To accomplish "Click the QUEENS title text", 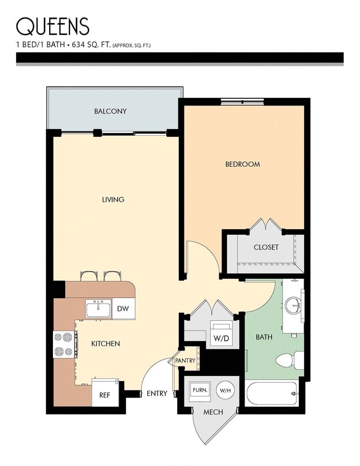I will click(x=52, y=26).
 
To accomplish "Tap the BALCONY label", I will click(x=110, y=111).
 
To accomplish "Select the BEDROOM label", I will click(x=242, y=164).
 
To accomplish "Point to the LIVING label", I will click(x=113, y=199).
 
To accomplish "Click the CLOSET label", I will click(x=266, y=247).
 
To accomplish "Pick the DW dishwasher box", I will click(x=123, y=309).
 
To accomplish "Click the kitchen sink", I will click(x=98, y=309).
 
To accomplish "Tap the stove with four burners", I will click(x=63, y=344).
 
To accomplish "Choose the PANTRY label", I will click(x=185, y=361).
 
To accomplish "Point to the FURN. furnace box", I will click(x=199, y=390).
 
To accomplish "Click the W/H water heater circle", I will click(x=225, y=390).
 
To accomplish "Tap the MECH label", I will click(x=213, y=412).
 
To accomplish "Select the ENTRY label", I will click(x=157, y=394).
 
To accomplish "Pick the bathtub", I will click(x=272, y=394).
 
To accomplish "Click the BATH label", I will click(x=263, y=337).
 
